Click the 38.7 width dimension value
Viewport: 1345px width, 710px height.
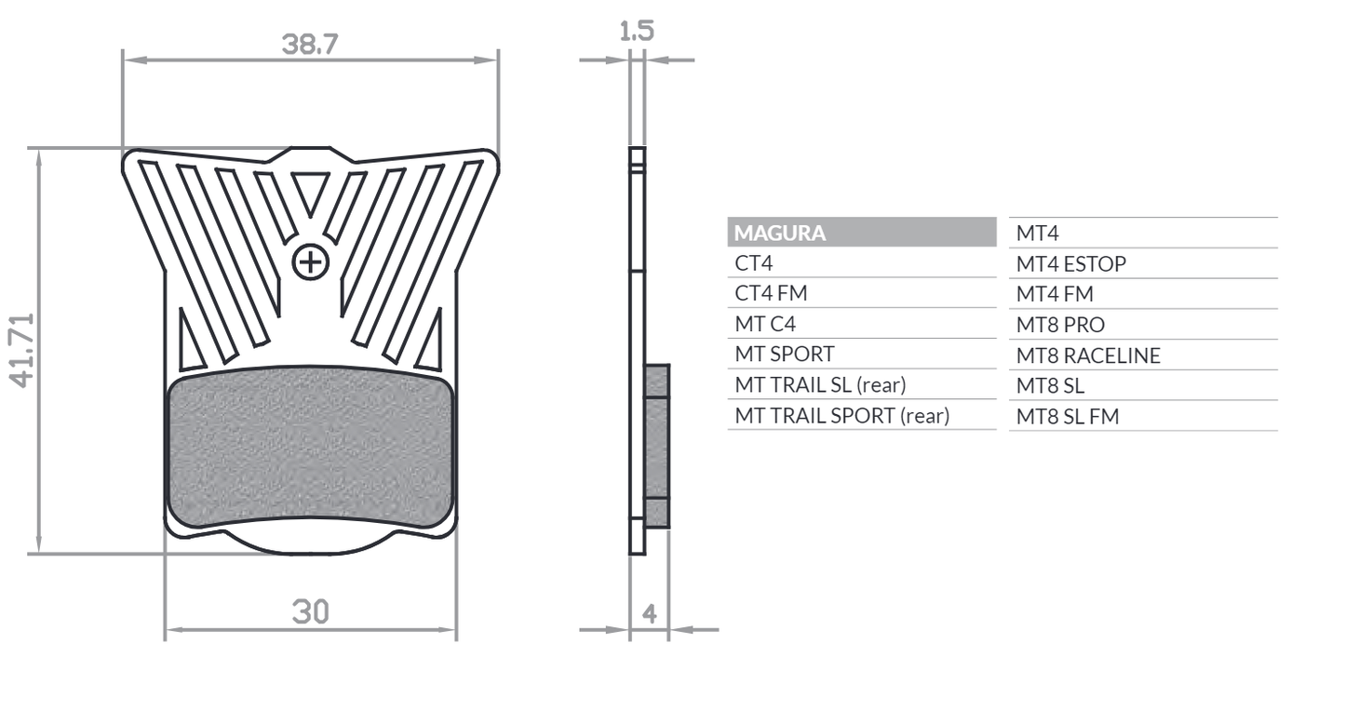(x=309, y=44)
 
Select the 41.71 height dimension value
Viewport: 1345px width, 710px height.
(x=22, y=350)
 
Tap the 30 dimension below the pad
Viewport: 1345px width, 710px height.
(x=310, y=611)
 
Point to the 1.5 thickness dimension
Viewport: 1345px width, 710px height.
(x=637, y=31)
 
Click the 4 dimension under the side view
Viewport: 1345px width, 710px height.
(x=650, y=613)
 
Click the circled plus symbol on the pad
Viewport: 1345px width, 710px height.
(x=310, y=262)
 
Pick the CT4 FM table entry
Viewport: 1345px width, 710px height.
(x=771, y=293)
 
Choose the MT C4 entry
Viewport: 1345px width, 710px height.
(x=765, y=324)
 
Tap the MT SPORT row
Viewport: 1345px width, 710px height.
(x=785, y=354)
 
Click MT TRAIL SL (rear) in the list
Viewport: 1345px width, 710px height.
(x=820, y=384)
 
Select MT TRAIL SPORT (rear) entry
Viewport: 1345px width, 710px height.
(x=841, y=415)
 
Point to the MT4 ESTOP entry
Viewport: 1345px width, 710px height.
(x=1070, y=264)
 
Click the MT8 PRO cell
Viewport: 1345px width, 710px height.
(x=1060, y=325)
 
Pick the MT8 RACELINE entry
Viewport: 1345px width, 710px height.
(x=1088, y=355)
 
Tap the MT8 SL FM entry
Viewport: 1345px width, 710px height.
(x=1067, y=416)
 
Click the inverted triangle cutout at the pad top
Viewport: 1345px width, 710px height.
(x=310, y=191)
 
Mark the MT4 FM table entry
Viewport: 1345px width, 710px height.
(x=1055, y=294)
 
